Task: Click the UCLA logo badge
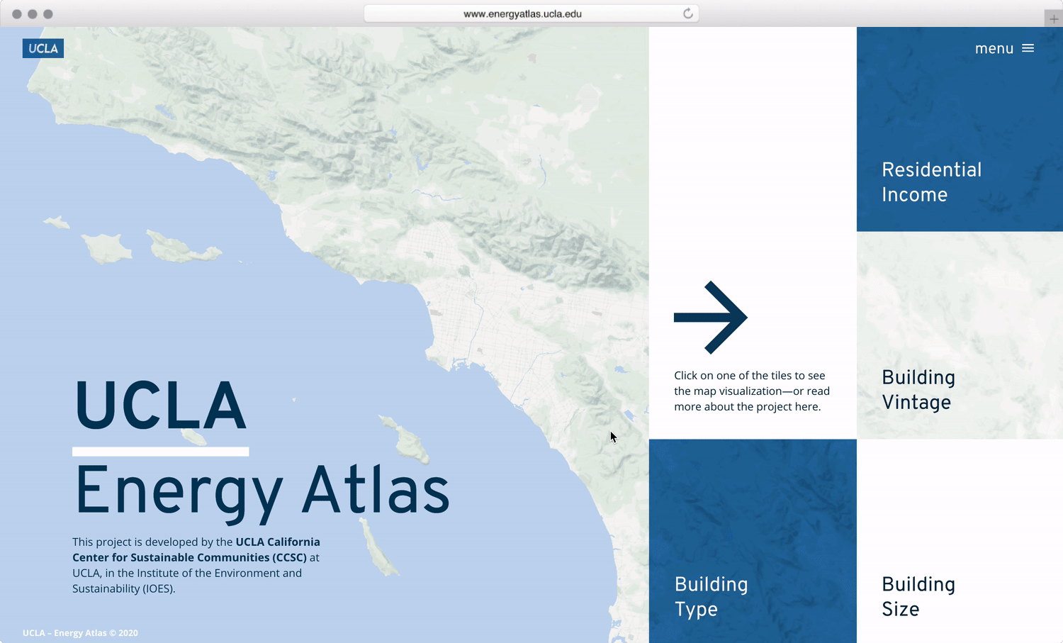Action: pos(43,48)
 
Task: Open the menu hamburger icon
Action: pos(1028,48)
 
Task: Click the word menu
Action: pos(994,49)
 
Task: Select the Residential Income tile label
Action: pos(932,182)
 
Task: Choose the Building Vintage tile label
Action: pos(918,390)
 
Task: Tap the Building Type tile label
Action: pos(711,597)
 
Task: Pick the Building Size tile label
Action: pos(918,597)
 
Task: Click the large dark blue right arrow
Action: pos(710,317)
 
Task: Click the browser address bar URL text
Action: pos(522,13)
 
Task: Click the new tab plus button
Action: pos(1054,19)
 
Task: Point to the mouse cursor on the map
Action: pos(613,437)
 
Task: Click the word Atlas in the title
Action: pos(376,490)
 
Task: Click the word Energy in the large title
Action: pos(179,494)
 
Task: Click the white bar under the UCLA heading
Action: pos(160,451)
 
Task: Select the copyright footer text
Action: pos(80,632)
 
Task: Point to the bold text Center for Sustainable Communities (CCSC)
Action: pos(189,557)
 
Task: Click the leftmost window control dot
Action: pos(16,14)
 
